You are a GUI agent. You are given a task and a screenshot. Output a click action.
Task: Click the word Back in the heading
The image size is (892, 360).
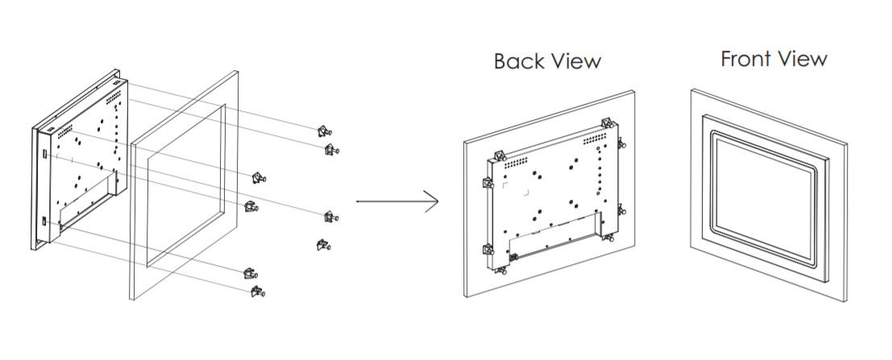tap(517, 61)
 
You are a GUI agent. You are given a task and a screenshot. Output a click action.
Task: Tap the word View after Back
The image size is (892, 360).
tap(574, 61)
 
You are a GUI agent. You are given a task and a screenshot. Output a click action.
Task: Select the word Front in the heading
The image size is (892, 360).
tap(746, 59)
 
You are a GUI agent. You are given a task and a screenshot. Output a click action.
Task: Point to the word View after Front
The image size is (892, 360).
tap(801, 59)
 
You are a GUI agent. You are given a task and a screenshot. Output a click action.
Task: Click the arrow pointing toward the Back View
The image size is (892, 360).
tap(397, 201)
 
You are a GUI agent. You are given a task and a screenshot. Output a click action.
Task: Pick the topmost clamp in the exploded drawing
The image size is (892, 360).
tap(324, 131)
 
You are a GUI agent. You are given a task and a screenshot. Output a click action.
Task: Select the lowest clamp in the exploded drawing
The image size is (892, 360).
tap(259, 292)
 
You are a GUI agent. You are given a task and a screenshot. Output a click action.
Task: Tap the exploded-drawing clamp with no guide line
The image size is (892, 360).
tap(323, 245)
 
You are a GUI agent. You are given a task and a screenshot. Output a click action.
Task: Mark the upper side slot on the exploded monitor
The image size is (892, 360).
tap(44, 154)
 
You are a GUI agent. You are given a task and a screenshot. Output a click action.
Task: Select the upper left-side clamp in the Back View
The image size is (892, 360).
tap(487, 183)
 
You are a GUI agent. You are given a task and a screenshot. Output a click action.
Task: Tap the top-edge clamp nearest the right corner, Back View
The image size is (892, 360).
tap(608, 123)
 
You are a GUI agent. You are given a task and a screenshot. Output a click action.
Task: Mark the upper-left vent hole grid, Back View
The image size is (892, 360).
tap(517, 162)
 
